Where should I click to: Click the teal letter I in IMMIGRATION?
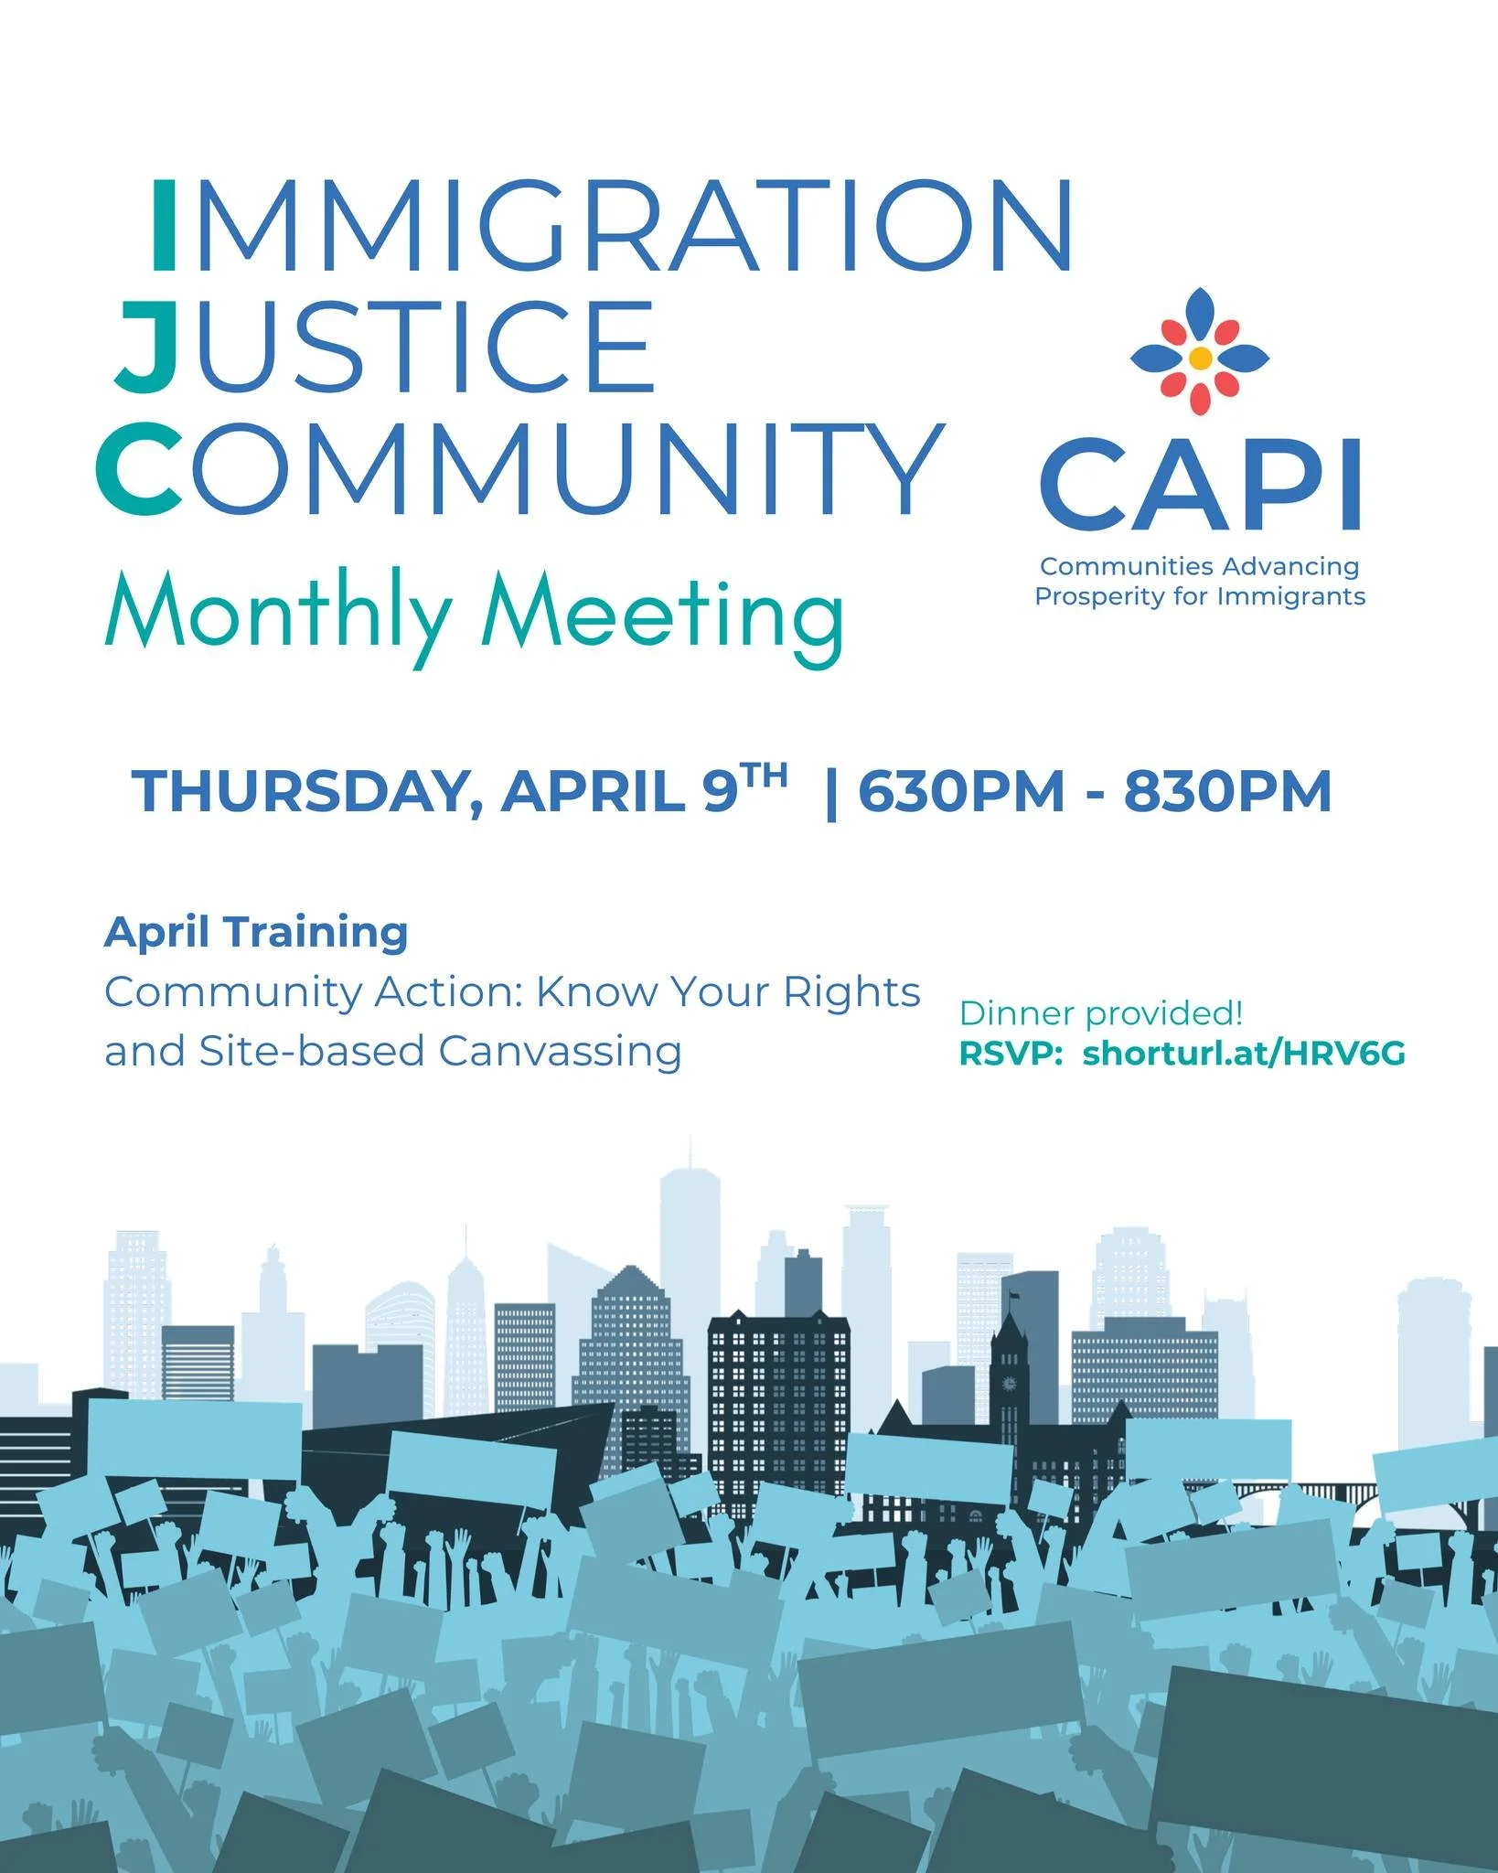[163, 225]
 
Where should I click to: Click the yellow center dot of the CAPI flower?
[1202, 358]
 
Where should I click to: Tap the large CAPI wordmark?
[1200, 485]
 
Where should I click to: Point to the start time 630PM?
[961, 792]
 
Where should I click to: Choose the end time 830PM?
[1227, 792]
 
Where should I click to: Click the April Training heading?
[256, 933]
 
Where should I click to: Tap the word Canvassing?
[560, 1052]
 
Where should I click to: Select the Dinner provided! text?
[1101, 1013]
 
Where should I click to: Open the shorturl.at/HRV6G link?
[1244, 1054]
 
